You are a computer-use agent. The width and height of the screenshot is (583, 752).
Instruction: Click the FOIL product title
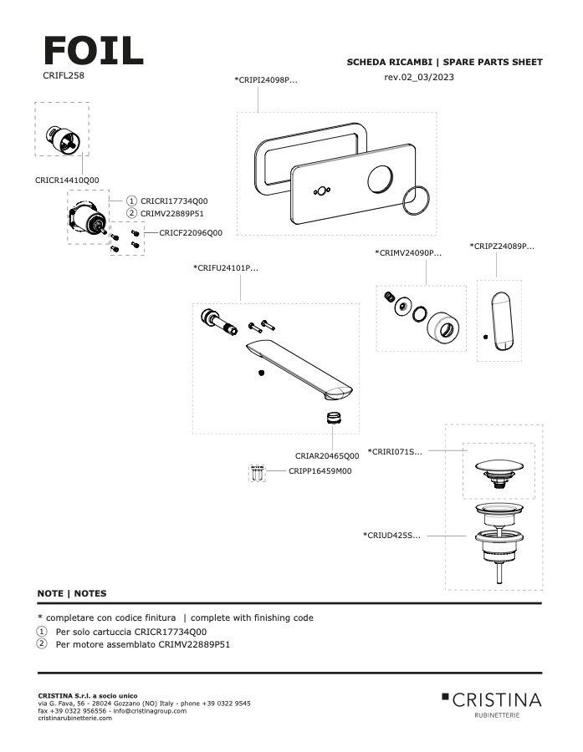[93, 52]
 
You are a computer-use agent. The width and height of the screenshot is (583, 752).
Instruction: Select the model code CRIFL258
[64, 75]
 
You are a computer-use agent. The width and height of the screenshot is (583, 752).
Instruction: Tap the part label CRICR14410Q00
[67, 180]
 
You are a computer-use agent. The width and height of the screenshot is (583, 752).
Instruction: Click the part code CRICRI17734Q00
[174, 201]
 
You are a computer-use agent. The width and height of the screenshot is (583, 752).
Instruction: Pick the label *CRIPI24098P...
[266, 80]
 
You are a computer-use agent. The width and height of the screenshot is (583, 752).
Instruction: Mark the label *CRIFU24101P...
[226, 268]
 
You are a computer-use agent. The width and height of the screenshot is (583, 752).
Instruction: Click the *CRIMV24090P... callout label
[408, 252]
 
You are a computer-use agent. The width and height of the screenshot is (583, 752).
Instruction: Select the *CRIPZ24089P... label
[502, 246]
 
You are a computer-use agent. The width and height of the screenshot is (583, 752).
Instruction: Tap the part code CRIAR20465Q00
[327, 456]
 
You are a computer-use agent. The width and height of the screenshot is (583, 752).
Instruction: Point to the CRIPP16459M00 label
[320, 471]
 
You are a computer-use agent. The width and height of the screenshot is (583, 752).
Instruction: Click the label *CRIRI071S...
[395, 451]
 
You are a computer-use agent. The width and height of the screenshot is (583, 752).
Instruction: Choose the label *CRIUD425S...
[391, 536]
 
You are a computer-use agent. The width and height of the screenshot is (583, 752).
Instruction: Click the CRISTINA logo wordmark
[497, 699]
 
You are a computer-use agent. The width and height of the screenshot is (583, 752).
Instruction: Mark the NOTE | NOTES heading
[72, 593]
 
